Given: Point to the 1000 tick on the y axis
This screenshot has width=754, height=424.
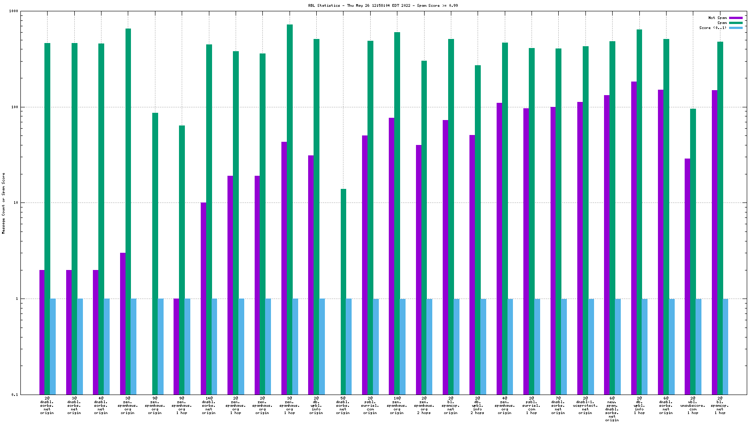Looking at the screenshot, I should (x=14, y=11).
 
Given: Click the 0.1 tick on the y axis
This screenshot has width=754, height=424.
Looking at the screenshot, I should (x=14, y=395).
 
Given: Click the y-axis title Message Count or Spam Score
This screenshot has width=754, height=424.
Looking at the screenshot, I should (x=4, y=203).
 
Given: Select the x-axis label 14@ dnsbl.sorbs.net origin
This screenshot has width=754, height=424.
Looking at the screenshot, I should (x=209, y=405).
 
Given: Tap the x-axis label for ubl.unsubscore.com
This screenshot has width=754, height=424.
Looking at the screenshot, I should (x=693, y=405).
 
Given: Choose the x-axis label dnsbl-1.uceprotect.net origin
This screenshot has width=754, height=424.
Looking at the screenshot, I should (x=585, y=405).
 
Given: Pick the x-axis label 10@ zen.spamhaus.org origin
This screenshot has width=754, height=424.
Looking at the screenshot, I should (x=397, y=405).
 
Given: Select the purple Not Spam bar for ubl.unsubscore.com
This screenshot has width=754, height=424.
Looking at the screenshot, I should (x=687, y=276).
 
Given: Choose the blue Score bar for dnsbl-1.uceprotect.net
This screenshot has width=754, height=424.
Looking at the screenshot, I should (x=591, y=347).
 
